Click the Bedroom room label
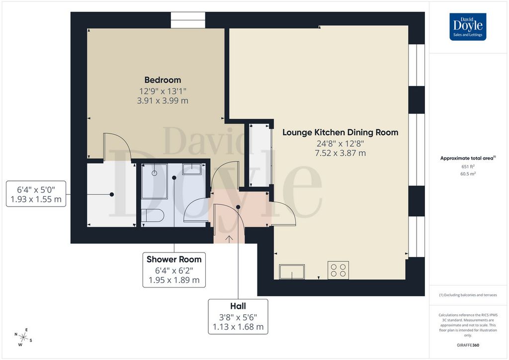pyautogui.click(x=163, y=80)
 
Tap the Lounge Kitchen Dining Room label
pyautogui.click(x=340, y=133)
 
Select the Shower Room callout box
pyautogui.click(x=174, y=270)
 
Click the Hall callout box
pyautogui.click(x=238, y=317)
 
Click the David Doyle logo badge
pyautogui.click(x=468, y=27)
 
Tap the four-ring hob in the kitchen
pyautogui.click(x=338, y=270)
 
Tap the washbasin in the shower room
pyautogui.click(x=192, y=169)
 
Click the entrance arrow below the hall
pyautogui.click(x=229, y=238)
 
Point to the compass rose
pyautogui.click(x=24, y=337)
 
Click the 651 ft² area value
pyautogui.click(x=468, y=167)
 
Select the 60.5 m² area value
pyautogui.click(x=468, y=174)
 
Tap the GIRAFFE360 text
pyautogui.click(x=468, y=345)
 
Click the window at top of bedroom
pyautogui.click(x=188, y=20)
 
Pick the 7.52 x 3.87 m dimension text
pyautogui.click(x=340, y=153)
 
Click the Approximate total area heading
pyautogui.click(x=467, y=158)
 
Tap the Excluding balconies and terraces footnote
pyautogui.click(x=468, y=295)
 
